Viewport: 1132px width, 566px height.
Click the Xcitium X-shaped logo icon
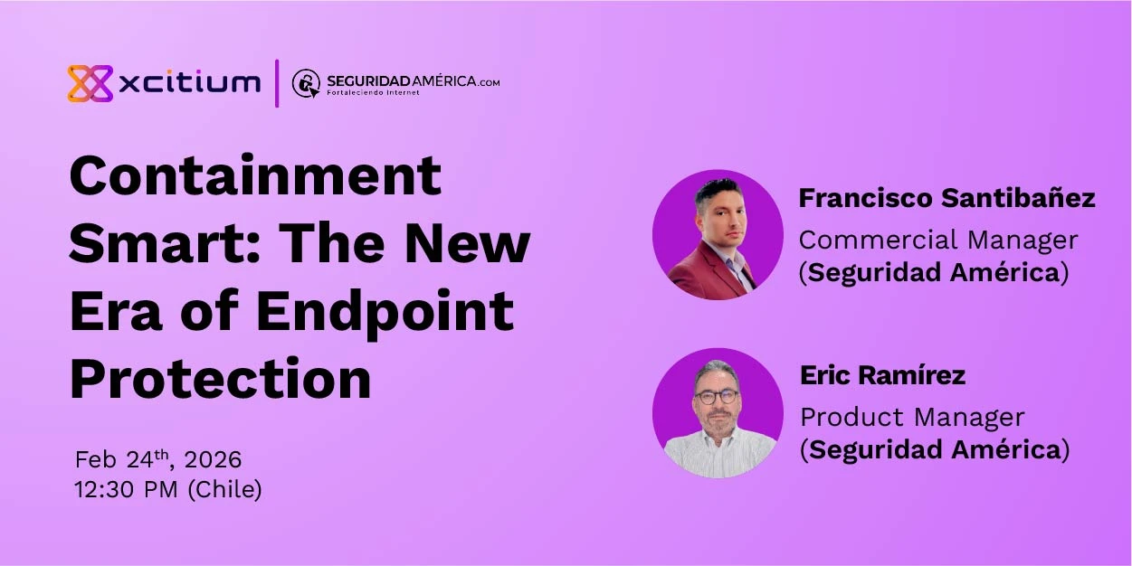click(90, 83)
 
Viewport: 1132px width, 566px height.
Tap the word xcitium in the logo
click(189, 83)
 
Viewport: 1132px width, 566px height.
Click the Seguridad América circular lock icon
click(306, 83)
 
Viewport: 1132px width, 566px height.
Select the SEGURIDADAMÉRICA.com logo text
click(413, 81)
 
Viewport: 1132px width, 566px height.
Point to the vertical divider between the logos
click(277, 83)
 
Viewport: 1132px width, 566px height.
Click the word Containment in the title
click(255, 175)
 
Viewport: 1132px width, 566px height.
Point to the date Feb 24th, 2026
click(158, 459)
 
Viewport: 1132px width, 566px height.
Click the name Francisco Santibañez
click(947, 198)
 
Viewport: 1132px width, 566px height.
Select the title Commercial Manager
click(938, 240)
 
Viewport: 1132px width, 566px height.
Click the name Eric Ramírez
click(882, 375)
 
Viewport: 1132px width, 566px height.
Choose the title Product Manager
click(912, 417)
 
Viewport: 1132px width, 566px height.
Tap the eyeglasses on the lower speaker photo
click(717, 397)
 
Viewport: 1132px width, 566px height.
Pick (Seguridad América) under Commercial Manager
click(934, 272)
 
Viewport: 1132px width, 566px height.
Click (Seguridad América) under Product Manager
click(935, 449)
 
